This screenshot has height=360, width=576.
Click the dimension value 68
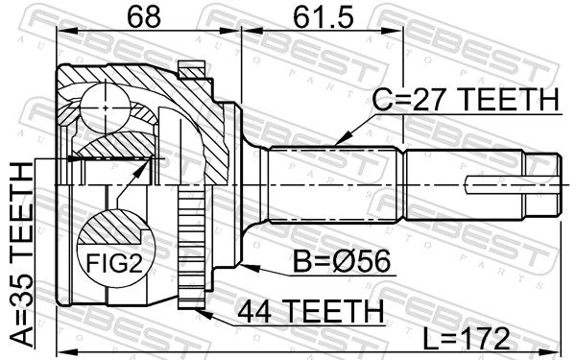144,16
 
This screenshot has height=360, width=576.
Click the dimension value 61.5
324,16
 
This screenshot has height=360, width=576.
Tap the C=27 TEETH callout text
466,99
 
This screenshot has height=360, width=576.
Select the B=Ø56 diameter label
343,261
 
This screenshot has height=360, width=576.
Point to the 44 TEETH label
310,311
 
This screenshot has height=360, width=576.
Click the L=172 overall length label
466,339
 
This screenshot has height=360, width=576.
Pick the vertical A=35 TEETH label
21,254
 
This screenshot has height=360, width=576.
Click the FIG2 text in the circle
113,263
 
